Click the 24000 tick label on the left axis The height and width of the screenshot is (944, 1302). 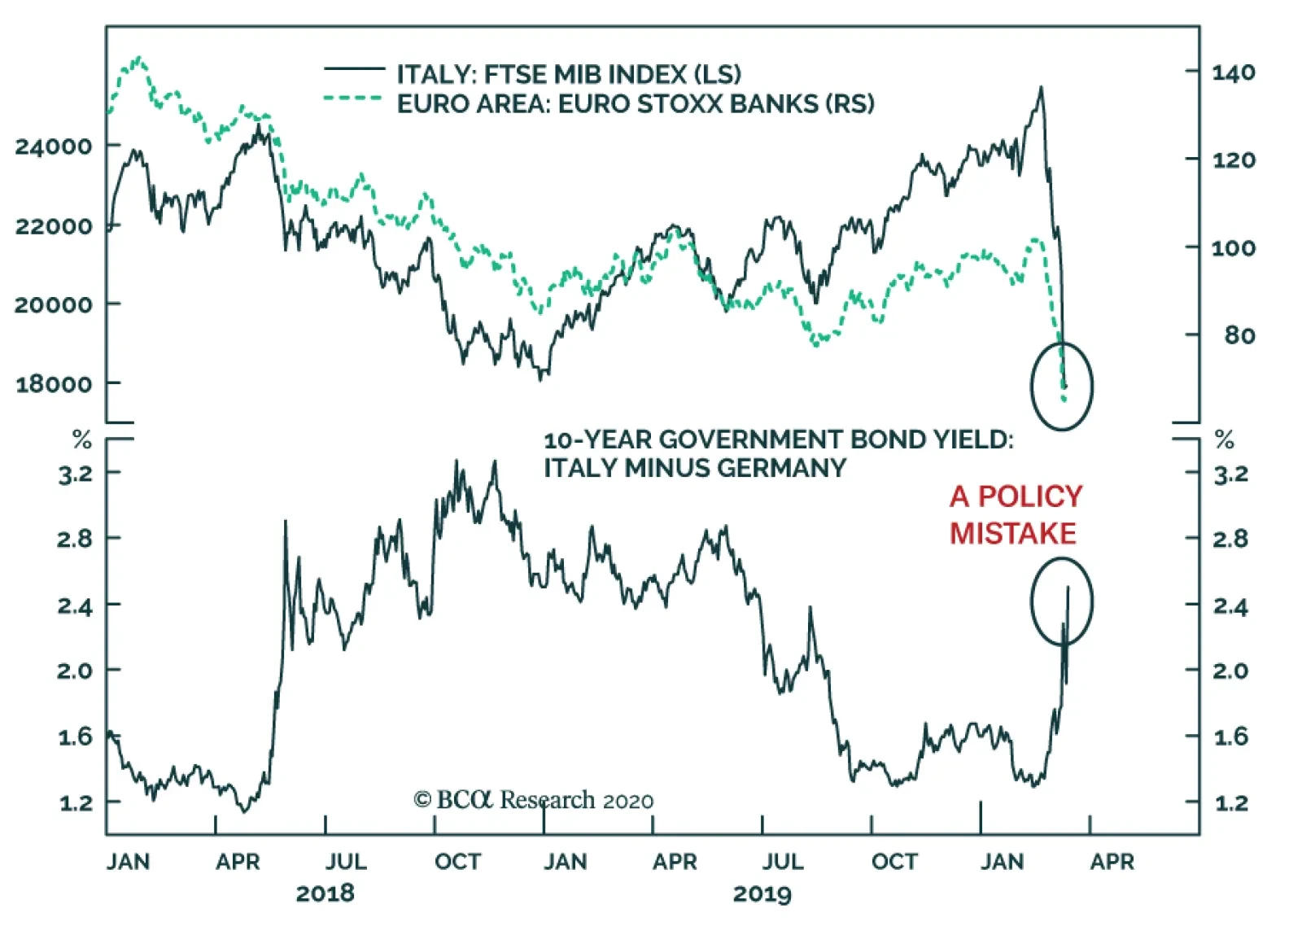(x=53, y=146)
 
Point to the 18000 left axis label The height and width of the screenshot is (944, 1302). (x=53, y=384)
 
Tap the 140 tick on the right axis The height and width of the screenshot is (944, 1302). (x=1233, y=72)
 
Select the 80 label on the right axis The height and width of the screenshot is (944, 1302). (x=1239, y=334)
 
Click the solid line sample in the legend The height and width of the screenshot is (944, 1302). (x=354, y=70)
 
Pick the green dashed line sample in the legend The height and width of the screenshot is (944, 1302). (x=354, y=99)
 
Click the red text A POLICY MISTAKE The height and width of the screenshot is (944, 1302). (x=1015, y=514)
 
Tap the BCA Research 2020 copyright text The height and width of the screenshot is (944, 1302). (x=533, y=801)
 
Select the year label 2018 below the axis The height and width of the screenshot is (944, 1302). (x=325, y=894)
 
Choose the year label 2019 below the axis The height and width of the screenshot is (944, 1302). (x=762, y=894)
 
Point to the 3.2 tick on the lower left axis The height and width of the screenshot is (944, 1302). (x=75, y=474)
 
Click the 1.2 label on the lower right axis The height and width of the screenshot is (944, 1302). (x=1230, y=804)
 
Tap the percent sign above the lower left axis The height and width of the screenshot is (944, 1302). (x=82, y=440)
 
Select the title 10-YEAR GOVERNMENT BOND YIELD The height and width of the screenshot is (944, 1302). (x=778, y=440)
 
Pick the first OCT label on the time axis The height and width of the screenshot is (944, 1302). (x=457, y=862)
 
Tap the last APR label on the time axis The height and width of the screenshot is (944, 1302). (x=1112, y=862)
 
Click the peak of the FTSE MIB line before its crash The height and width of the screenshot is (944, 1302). (x=1041, y=87)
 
